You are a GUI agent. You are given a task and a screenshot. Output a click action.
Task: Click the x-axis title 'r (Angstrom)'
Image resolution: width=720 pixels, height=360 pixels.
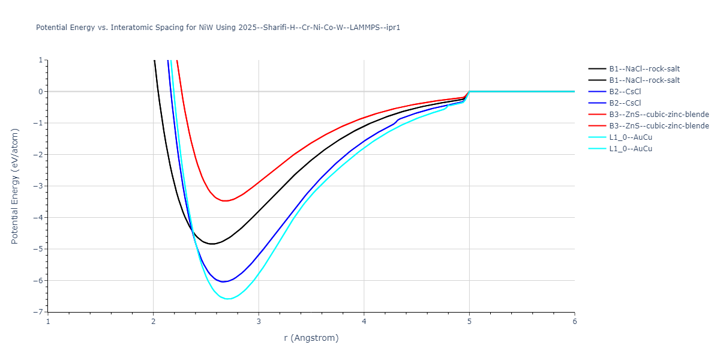[x=311, y=338]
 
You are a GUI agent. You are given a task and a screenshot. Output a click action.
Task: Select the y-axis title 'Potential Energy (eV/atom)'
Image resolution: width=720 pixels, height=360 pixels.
[x=15, y=186]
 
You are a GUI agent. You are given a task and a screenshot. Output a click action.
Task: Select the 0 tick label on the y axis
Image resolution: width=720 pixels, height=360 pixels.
[x=40, y=92]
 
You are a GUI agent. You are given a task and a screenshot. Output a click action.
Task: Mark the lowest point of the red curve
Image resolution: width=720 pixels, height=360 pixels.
[x=225, y=201]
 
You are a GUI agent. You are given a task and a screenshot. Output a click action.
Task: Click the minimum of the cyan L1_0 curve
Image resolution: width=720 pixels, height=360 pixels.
[x=228, y=299]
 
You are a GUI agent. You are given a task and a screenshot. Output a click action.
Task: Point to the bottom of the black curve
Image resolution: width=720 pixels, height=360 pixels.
[x=212, y=244]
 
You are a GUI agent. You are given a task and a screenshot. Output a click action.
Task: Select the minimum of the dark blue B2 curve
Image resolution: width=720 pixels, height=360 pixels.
[x=223, y=281]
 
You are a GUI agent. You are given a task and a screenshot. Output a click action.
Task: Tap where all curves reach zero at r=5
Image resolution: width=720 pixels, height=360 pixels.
[x=469, y=91]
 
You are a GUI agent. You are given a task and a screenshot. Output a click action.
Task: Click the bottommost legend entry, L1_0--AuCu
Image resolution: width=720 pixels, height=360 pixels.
[x=630, y=149]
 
